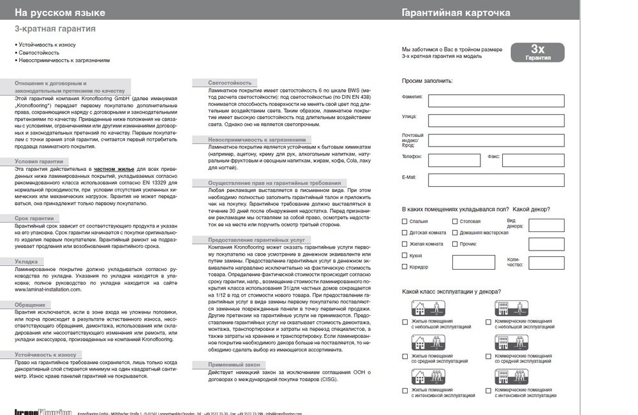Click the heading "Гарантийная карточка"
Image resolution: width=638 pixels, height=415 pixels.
tap(456, 13)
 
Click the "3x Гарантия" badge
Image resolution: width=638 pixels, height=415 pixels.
tap(537, 52)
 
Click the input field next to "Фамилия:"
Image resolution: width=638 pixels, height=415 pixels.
tap(496, 101)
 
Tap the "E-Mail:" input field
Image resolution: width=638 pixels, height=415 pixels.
tap(496, 180)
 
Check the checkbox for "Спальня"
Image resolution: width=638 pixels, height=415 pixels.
tap(404, 222)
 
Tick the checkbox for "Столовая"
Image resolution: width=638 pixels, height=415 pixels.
tap(454, 222)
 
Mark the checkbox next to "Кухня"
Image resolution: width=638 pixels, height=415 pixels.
tap(404, 255)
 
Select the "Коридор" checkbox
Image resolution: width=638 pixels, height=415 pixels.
tap(404, 266)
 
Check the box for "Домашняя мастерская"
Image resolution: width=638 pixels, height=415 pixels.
tap(454, 233)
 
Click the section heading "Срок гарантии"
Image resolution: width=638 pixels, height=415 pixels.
tap(35, 218)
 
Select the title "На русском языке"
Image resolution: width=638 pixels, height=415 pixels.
tap(61, 13)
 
